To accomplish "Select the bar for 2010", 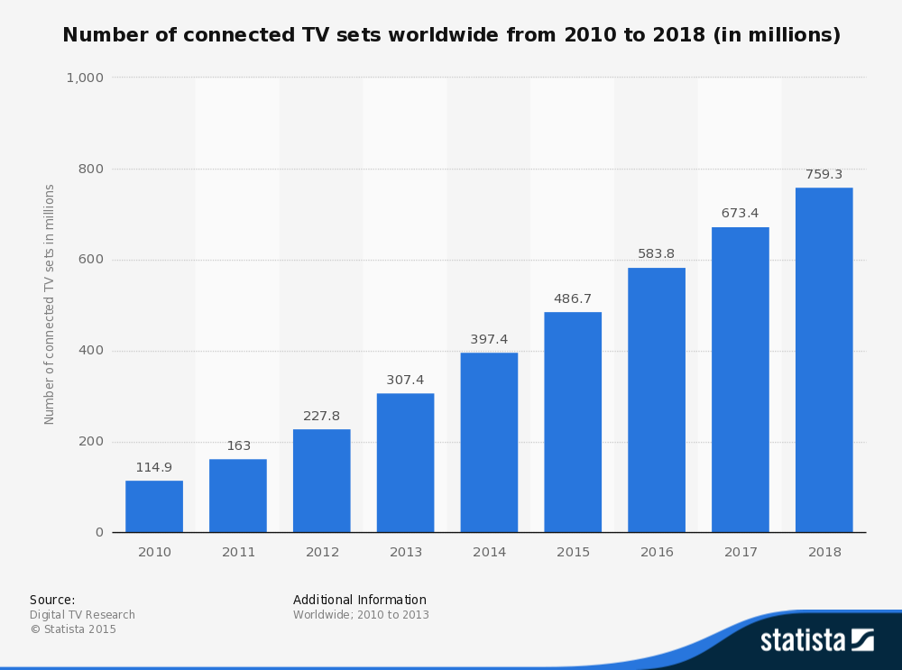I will [154, 506].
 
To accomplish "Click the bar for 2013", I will [405, 463].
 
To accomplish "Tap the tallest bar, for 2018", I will [824, 360].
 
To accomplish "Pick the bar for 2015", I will [573, 422].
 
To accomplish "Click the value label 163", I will [238, 445].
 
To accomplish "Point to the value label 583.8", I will [656, 253].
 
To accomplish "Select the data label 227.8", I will [321, 416].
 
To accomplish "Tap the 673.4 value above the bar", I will [740, 213].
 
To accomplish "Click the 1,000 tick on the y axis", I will [85, 78].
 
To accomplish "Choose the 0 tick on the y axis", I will [99, 532].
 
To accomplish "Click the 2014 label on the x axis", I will [489, 552].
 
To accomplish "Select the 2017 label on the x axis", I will [741, 552].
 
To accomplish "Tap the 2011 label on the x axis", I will [238, 552].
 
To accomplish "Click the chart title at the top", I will [451, 35].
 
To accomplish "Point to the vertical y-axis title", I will [50, 304].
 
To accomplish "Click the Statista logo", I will [816, 640].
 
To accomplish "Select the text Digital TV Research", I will [82, 615].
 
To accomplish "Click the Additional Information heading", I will [359, 600].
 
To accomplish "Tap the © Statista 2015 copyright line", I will [73, 629].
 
